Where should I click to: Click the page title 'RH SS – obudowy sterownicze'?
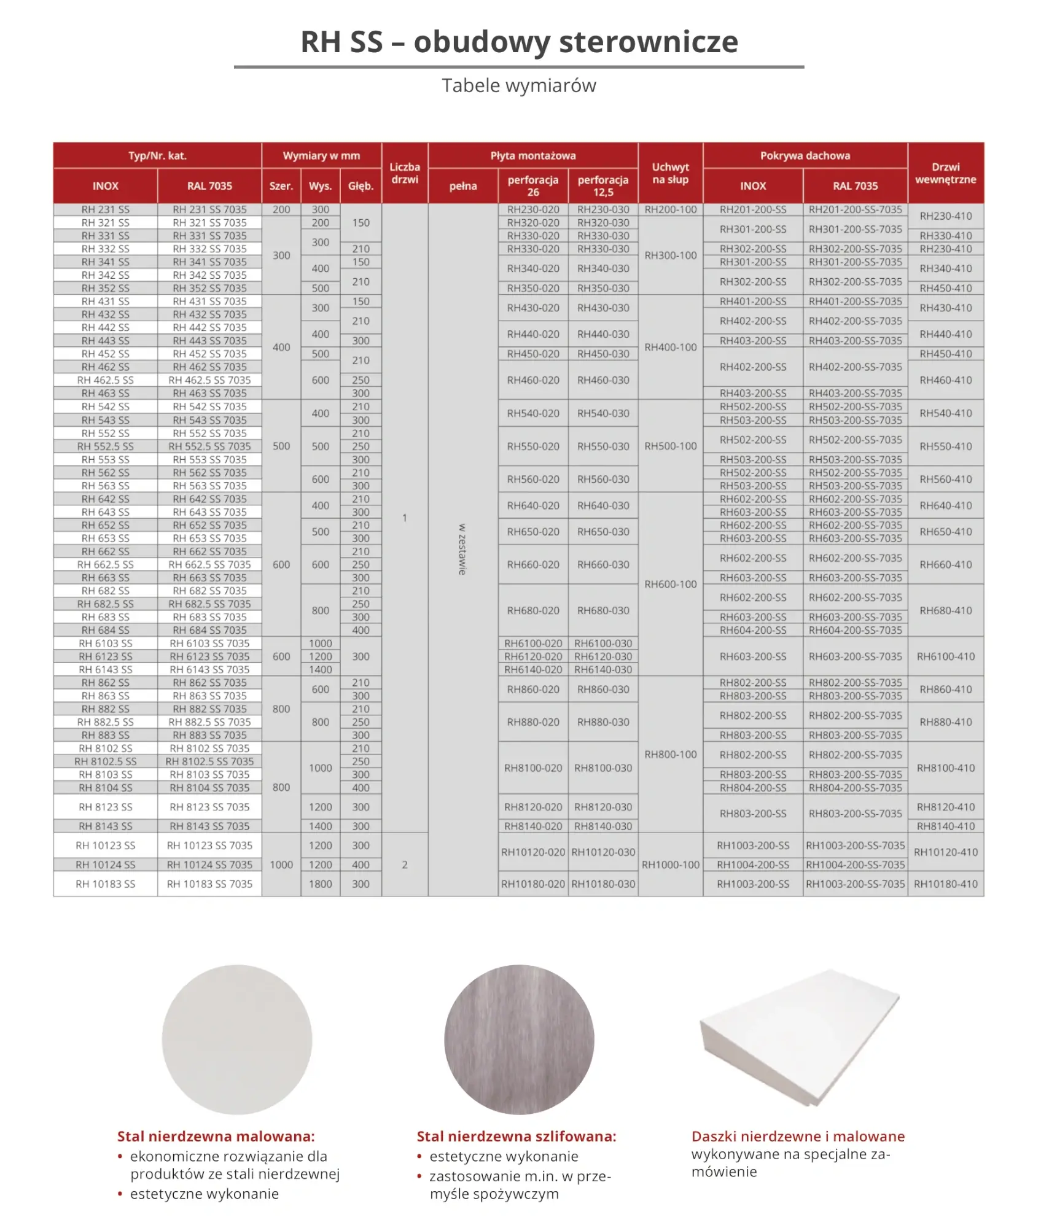coord(519,42)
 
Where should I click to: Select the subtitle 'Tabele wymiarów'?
coord(519,85)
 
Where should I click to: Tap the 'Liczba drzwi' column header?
coord(405,173)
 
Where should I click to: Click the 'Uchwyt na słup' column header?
coord(670,173)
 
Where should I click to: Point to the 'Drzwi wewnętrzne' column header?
coord(945,173)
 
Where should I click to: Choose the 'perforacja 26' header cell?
coord(533,185)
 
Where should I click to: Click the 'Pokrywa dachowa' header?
coord(805,155)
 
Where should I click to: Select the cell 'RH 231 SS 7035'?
coord(209,209)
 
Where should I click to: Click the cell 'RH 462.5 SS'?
coord(106,380)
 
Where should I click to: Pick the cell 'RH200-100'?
coord(670,209)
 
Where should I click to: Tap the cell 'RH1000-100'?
coord(670,865)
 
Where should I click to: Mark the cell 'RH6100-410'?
coord(945,656)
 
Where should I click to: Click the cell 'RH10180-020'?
coord(533,884)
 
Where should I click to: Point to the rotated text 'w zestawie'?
coord(462,549)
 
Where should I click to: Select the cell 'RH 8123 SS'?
coord(106,807)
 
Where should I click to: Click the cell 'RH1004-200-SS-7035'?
coord(855,865)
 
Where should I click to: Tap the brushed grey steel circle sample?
coord(519,1040)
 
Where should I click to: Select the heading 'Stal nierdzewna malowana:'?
coord(216,1137)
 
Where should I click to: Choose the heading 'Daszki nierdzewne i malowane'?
coord(798,1137)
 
